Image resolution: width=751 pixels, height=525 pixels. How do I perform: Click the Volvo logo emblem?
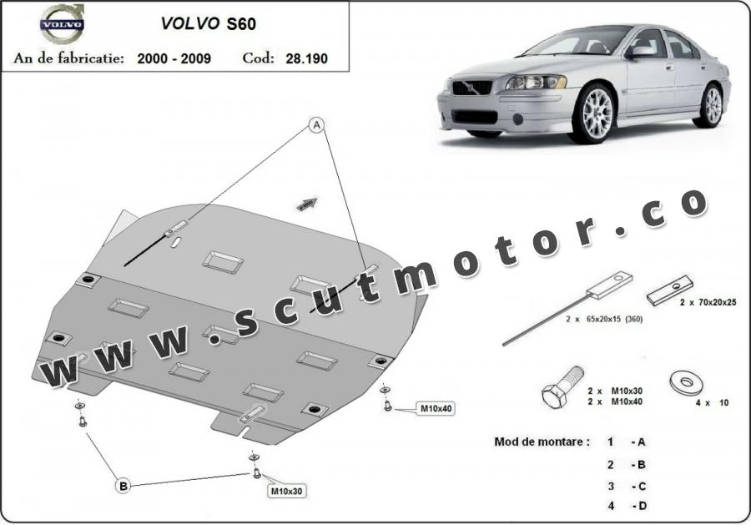(63, 23)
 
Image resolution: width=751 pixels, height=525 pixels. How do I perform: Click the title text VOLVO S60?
(209, 23)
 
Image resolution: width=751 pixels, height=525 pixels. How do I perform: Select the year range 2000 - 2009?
(174, 58)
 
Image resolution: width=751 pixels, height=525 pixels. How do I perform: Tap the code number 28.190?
(306, 58)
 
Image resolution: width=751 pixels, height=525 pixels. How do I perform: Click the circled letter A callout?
(316, 125)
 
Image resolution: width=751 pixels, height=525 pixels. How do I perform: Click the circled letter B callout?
(123, 486)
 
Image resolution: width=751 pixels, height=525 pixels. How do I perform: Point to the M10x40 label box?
(436, 409)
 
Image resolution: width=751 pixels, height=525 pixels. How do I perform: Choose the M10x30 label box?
(286, 491)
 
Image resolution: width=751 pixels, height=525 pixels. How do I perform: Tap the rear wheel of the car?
(712, 105)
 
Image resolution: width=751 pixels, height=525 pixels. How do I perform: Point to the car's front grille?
(472, 88)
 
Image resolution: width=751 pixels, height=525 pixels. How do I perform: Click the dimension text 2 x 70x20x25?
(708, 302)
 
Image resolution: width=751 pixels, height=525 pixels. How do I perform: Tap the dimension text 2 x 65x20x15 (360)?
(604, 319)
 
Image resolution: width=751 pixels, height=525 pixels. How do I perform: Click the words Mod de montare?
(542, 442)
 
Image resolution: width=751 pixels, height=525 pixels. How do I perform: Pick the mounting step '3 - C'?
(627, 487)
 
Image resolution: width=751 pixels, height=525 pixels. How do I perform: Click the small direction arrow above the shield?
(307, 204)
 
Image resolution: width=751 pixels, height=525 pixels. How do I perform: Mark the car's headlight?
(536, 83)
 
